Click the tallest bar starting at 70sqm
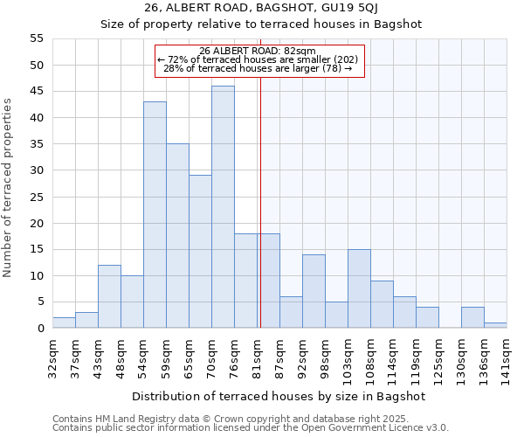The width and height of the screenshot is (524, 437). [x=223, y=207]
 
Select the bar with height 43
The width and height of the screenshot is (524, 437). [x=155, y=215]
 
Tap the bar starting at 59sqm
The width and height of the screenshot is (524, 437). [x=177, y=236]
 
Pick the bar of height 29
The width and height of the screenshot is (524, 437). [x=200, y=252]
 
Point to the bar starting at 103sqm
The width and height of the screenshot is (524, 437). [x=359, y=289]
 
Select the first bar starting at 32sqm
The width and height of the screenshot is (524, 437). [x=64, y=323]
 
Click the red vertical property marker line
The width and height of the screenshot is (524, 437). [x=260, y=201]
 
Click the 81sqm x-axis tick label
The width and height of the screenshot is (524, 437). [x=258, y=353]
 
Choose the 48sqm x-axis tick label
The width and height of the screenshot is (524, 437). [x=121, y=353]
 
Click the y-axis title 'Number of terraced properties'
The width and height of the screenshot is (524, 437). [x=8, y=187]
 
